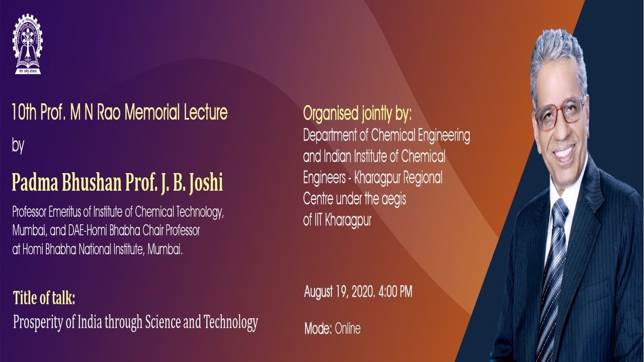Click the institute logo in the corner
(28, 44)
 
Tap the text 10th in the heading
(24, 112)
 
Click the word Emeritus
(75, 212)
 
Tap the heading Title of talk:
(44, 298)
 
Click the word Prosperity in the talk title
(39, 322)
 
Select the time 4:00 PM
(395, 292)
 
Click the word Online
(348, 329)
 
